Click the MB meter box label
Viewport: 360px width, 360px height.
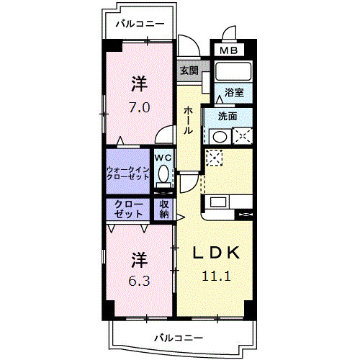point(228,50)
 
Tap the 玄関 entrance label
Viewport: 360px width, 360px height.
point(189,71)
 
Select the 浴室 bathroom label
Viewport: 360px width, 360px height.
point(234,92)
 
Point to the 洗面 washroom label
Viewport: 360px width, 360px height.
point(228,116)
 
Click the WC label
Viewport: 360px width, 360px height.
point(163,157)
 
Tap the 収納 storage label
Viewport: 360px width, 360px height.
point(164,209)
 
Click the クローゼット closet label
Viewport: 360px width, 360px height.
point(127,209)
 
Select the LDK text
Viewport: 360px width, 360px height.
point(215,253)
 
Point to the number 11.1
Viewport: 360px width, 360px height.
point(215,274)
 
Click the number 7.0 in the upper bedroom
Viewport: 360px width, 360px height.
point(139,108)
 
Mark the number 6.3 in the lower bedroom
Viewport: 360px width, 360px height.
point(139,281)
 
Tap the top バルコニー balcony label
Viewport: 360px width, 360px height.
point(140,24)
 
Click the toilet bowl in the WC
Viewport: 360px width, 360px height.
point(164,174)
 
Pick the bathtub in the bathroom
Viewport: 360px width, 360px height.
point(233,72)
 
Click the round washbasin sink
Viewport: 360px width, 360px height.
point(220,135)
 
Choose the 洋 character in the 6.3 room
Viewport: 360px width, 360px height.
point(139,258)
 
